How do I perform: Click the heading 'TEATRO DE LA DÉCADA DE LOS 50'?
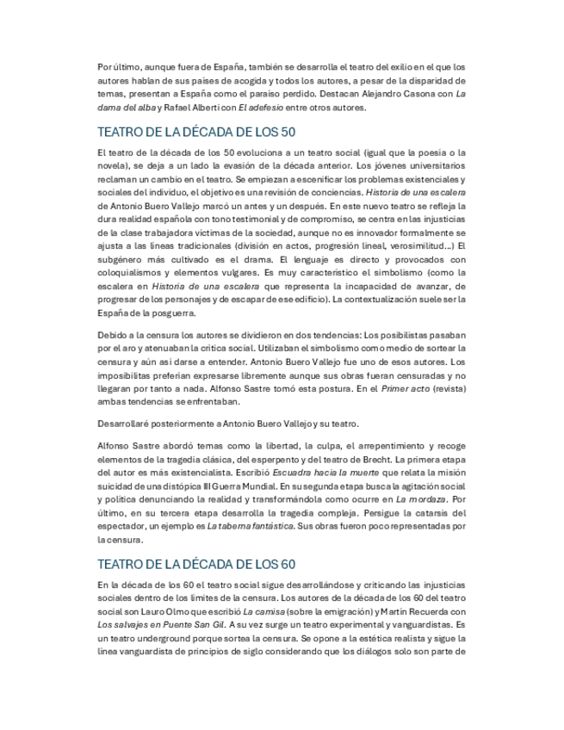click(x=197, y=132)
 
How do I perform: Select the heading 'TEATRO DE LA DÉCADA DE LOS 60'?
click(x=197, y=564)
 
